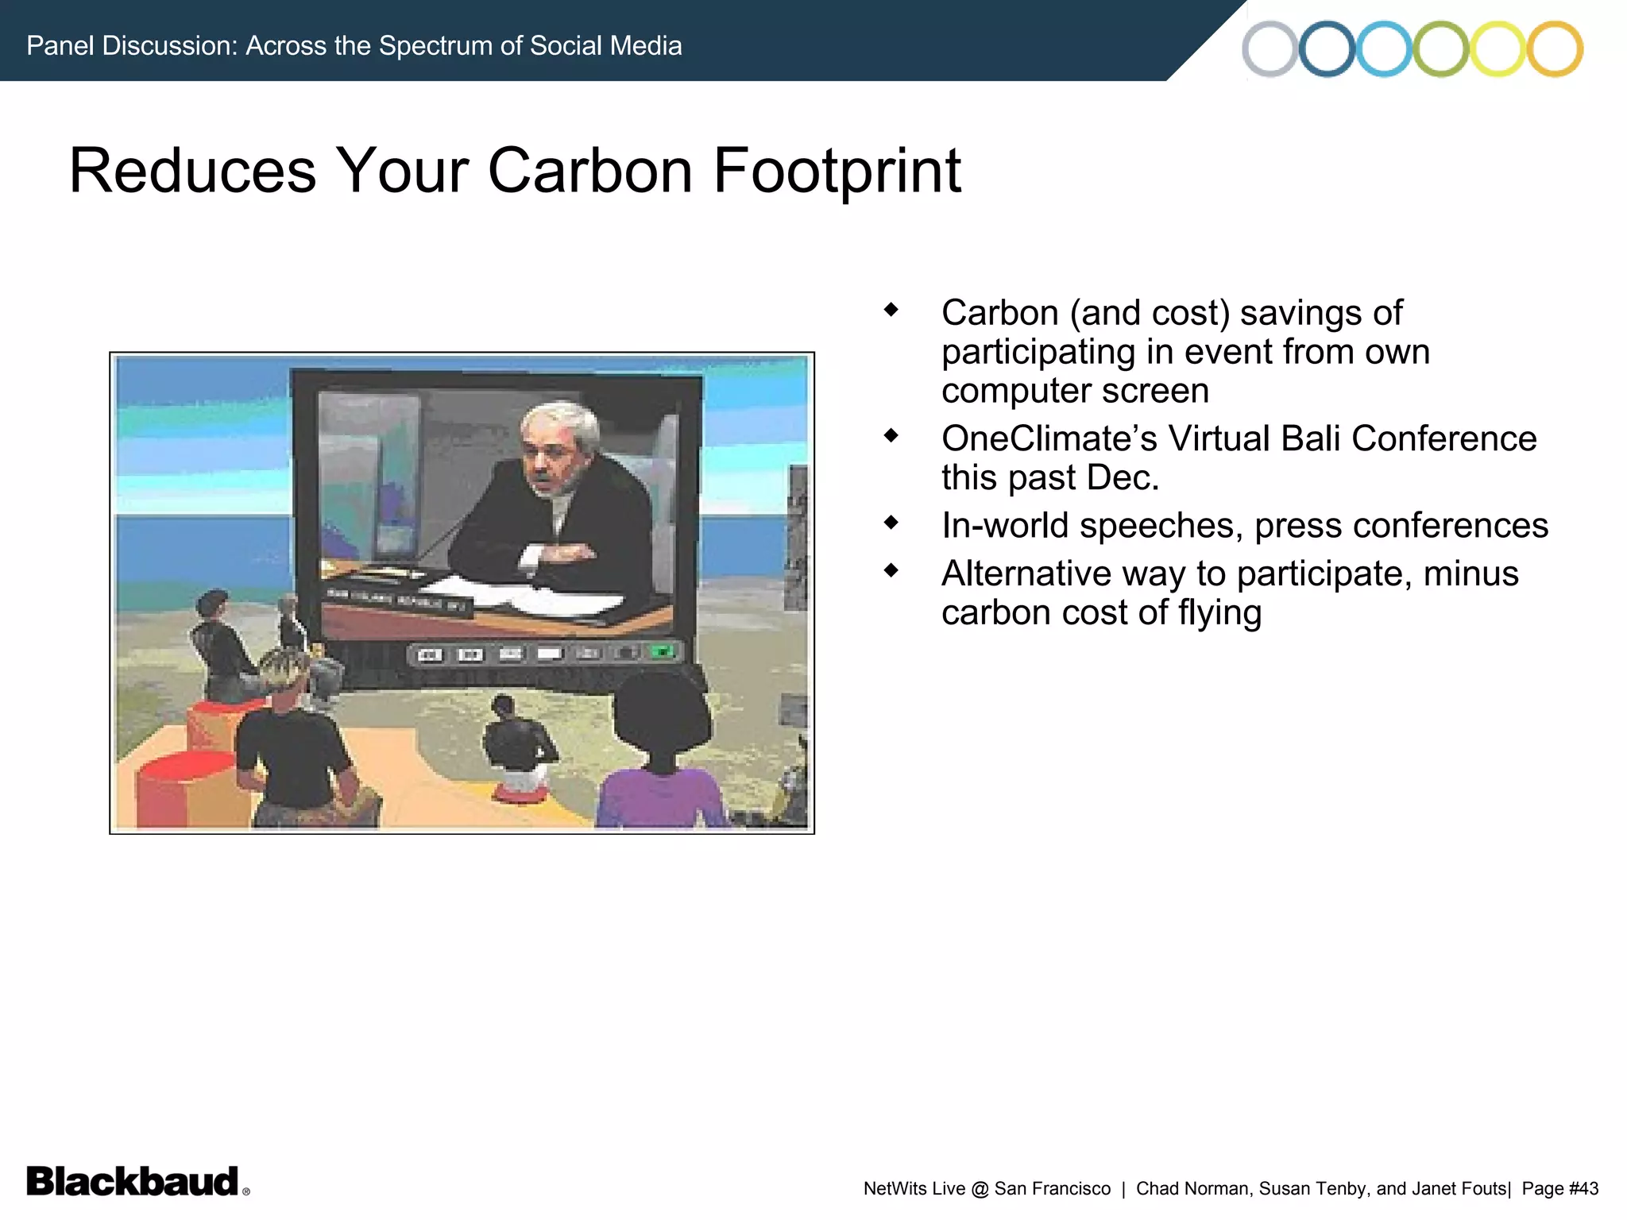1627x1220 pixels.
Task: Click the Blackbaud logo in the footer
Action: pyautogui.click(x=133, y=1181)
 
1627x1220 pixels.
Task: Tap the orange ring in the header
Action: pyautogui.click(x=1556, y=49)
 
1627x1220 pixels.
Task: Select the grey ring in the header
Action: pyautogui.click(x=1270, y=49)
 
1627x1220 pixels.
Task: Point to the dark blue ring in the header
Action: pyautogui.click(x=1327, y=49)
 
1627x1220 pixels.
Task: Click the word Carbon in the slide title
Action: pyautogui.click(x=589, y=171)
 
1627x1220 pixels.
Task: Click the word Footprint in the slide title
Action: pyautogui.click(x=837, y=171)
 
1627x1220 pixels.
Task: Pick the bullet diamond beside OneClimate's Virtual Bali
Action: pyautogui.click(x=891, y=435)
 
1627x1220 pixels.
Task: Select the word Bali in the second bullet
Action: pyautogui.click(x=1311, y=438)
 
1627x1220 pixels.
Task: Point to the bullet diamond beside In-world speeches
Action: pyautogui.click(x=891, y=523)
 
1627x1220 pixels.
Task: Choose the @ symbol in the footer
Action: pyautogui.click(x=980, y=1189)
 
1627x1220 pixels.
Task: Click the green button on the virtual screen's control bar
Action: pyautogui.click(x=662, y=652)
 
